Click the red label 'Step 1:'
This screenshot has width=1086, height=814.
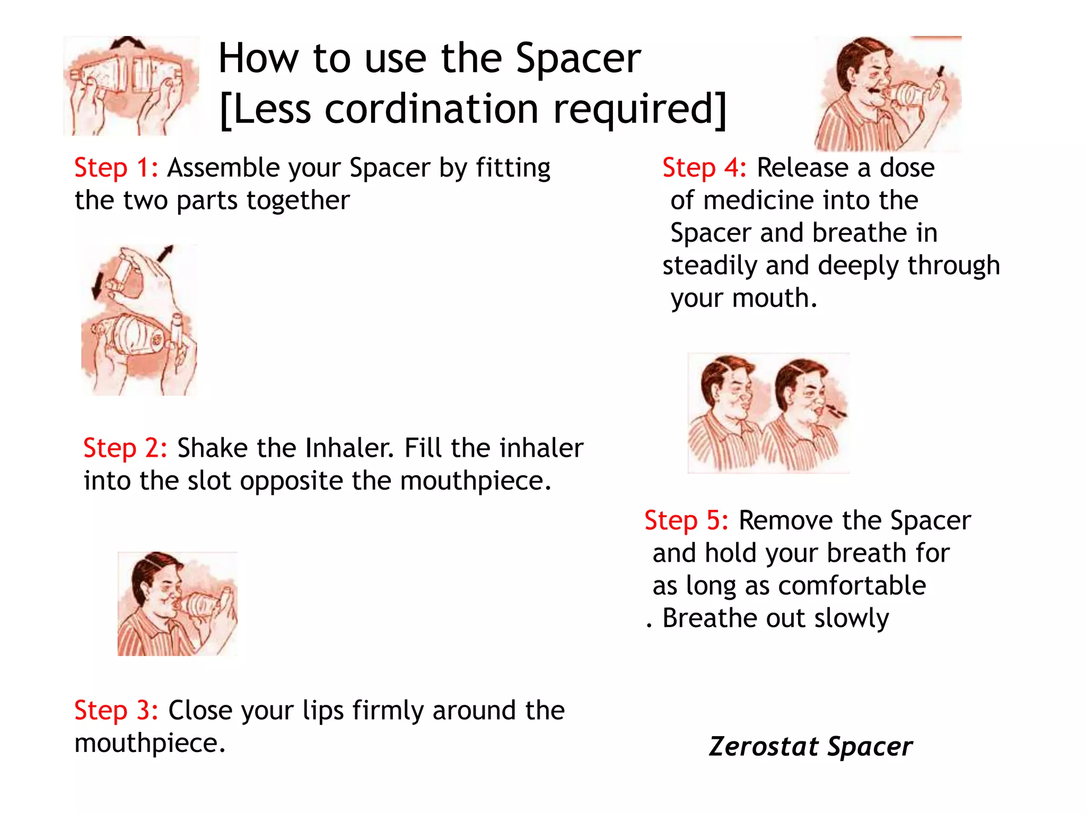point(116,168)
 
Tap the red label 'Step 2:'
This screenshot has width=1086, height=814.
point(125,448)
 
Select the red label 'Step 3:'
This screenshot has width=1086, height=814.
point(116,711)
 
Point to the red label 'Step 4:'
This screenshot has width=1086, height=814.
point(704,168)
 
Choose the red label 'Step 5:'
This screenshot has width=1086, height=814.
point(686,520)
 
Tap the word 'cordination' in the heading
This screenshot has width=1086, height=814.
point(431,109)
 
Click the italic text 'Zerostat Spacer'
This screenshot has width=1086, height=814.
point(810,747)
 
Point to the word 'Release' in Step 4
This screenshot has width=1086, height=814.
point(802,168)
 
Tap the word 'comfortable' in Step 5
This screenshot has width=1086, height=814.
point(852,586)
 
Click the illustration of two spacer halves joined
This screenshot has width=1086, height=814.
point(130,86)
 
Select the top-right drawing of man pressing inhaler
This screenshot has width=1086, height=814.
point(887,94)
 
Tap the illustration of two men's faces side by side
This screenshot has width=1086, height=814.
point(768,413)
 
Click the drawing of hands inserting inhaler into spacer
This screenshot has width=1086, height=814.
point(139,320)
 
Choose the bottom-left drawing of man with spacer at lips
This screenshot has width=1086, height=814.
point(177,604)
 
